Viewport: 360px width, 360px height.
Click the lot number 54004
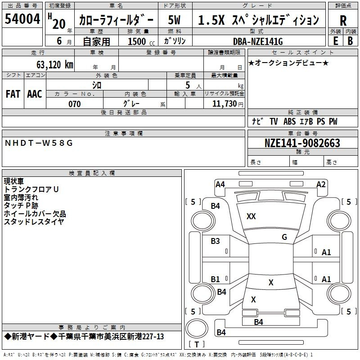point(22,20)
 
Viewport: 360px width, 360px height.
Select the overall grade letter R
point(343,21)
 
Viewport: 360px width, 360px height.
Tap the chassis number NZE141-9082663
point(302,143)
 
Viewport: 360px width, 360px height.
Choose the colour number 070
point(74,104)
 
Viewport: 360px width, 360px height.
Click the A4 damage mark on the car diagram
point(220,184)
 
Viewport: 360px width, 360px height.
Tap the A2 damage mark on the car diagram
point(321,184)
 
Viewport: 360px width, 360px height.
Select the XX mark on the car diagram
point(251,216)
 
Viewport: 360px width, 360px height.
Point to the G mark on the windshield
point(284,237)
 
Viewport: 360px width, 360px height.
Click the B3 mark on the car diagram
point(216,241)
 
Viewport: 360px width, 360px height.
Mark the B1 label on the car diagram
point(216,279)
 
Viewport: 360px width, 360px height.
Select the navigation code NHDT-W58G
point(38,143)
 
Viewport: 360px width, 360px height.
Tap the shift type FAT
point(13,94)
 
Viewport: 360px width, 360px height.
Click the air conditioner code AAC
point(35,94)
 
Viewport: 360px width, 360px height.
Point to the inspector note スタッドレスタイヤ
point(34,221)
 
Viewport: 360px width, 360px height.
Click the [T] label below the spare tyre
point(196,345)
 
